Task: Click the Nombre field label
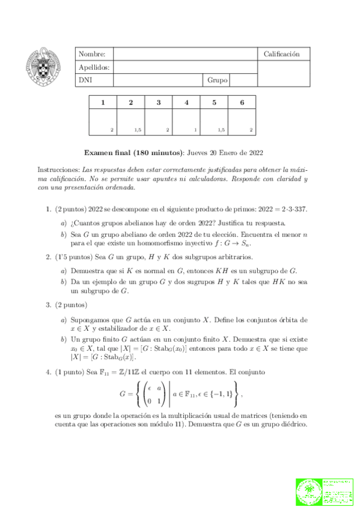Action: pyautogui.click(x=91, y=54)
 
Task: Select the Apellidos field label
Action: pyautogui.click(x=94, y=67)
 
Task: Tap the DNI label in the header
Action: pyautogui.click(x=85, y=79)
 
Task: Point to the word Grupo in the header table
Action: pyautogui.click(x=217, y=79)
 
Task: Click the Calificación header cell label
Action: pyautogui.click(x=281, y=54)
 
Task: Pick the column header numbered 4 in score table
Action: pyautogui.click(x=186, y=102)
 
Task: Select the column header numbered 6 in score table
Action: pyautogui.click(x=242, y=102)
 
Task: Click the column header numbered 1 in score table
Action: pyautogui.click(x=103, y=102)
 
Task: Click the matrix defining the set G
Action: pyautogui.click(x=150, y=392)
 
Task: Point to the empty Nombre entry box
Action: pyautogui.click(x=185, y=54)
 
